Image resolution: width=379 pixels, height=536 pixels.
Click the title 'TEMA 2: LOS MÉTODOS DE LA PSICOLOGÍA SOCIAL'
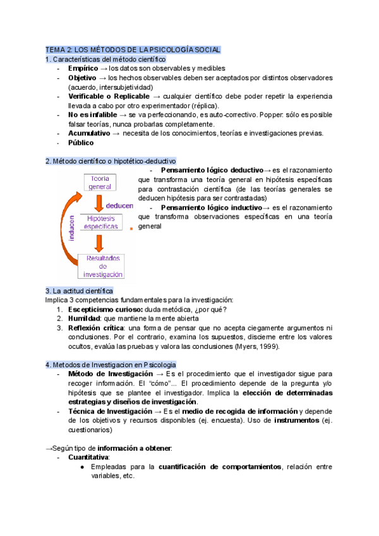tap(133, 49)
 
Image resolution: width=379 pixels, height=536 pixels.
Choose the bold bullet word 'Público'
tap(81, 143)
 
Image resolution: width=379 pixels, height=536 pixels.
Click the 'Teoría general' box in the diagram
tap(100, 183)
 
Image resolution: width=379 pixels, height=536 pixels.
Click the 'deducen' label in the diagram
tap(119, 205)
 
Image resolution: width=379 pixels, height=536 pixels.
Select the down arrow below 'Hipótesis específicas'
tap(99, 242)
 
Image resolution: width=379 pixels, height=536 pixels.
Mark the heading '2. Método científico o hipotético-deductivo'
tap(111, 161)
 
